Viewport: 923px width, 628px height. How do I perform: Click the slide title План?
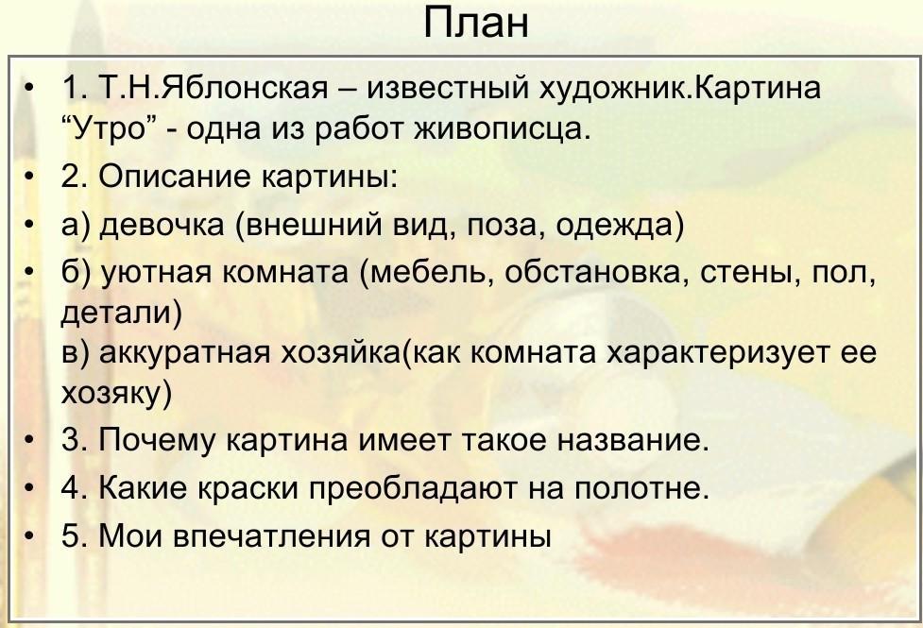coord(475,23)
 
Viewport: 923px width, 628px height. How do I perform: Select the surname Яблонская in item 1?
coord(244,88)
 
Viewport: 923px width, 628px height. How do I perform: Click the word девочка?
coord(162,225)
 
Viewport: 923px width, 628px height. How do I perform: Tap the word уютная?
coord(156,273)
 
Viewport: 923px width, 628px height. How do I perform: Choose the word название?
coord(633,441)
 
